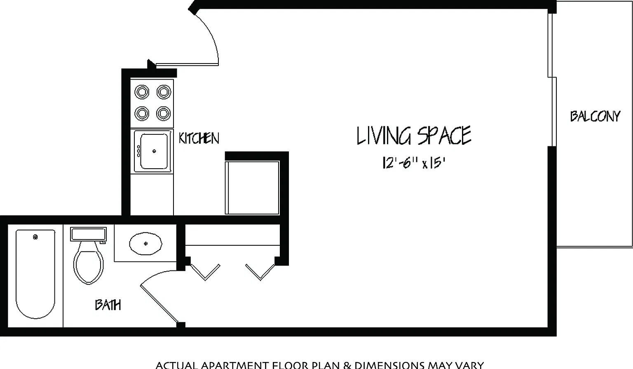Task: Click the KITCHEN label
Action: (x=199, y=138)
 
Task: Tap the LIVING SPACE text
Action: (x=414, y=136)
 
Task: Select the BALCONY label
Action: (x=595, y=116)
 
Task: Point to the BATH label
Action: (x=108, y=305)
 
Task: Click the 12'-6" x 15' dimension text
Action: (x=414, y=163)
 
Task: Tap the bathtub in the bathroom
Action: (x=35, y=274)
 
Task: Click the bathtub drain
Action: (x=35, y=237)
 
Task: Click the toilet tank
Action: (x=89, y=234)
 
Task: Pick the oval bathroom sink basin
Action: (x=145, y=243)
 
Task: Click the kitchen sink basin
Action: (x=154, y=151)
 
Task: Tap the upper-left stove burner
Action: (x=142, y=92)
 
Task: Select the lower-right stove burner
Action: (x=163, y=113)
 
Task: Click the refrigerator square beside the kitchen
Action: (x=252, y=188)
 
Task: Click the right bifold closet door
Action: (x=260, y=272)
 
